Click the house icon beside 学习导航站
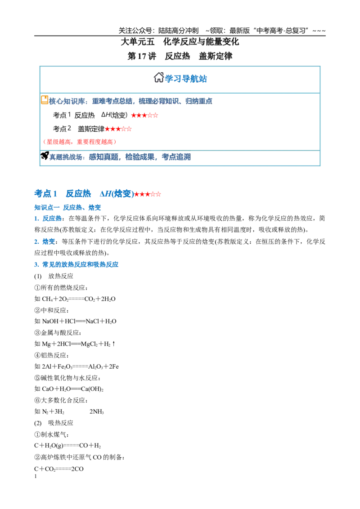(158, 78)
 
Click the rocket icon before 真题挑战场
(45, 156)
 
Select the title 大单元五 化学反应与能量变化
(180, 42)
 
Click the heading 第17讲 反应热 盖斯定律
(180, 56)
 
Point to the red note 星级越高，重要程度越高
(79, 142)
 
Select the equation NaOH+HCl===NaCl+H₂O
(79, 321)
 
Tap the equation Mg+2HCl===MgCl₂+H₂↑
(79, 344)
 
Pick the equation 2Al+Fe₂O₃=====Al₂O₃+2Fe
(80, 366)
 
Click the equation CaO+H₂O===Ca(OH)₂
(73, 389)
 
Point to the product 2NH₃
(96, 411)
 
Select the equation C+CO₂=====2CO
(59, 469)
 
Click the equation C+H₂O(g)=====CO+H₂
(67, 446)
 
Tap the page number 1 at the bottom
(36, 477)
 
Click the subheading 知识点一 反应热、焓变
(67, 207)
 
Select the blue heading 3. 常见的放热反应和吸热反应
(76, 264)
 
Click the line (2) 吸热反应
(54, 423)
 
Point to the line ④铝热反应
(52, 355)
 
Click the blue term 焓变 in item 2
(49, 241)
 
